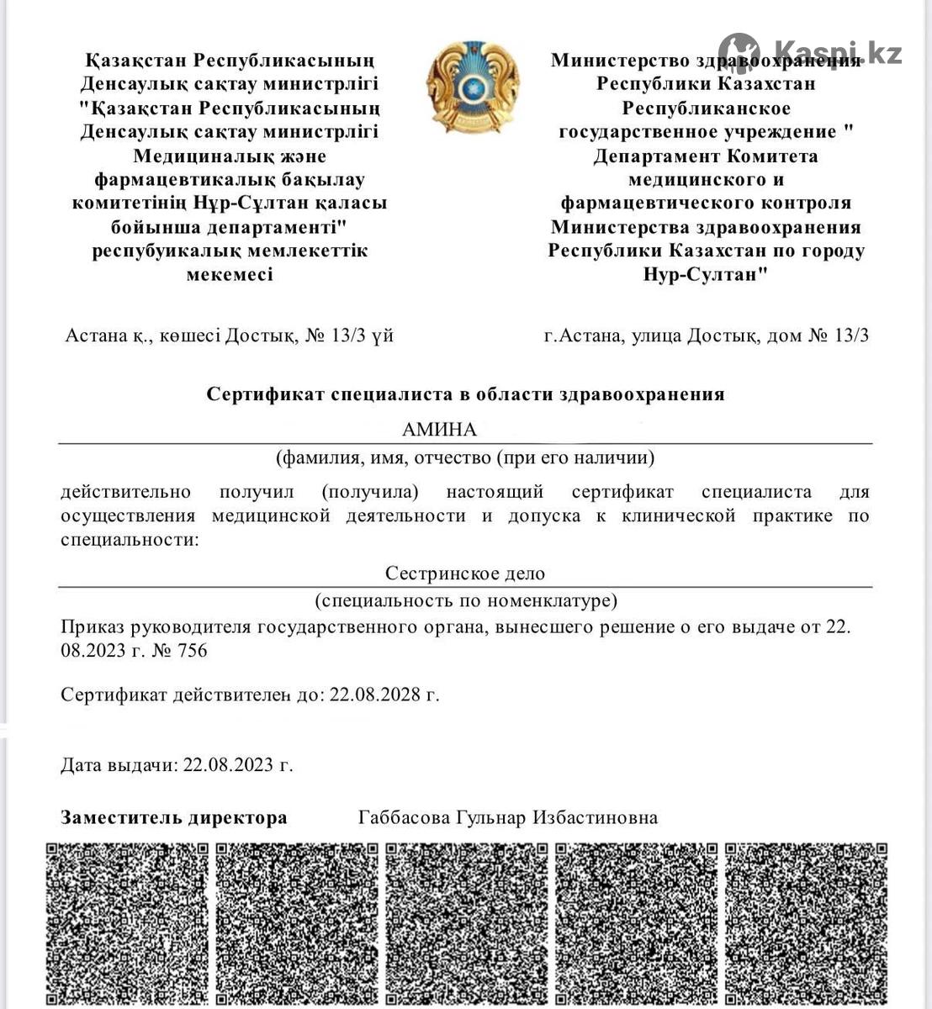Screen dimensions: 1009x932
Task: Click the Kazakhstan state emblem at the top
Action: (x=466, y=89)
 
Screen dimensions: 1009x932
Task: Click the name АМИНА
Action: (x=439, y=430)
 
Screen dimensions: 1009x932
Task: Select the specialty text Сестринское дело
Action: (x=465, y=573)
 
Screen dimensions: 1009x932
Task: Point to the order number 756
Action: (x=191, y=650)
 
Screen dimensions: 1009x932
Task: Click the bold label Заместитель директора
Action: (x=174, y=817)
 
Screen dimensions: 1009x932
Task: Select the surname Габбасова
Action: (x=405, y=817)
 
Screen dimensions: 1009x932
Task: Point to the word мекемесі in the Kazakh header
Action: (x=229, y=274)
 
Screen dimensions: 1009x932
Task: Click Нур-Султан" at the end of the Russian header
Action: (x=706, y=274)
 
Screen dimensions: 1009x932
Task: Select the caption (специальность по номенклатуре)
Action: (x=465, y=600)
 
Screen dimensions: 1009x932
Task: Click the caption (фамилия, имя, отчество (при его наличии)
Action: (x=465, y=457)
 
